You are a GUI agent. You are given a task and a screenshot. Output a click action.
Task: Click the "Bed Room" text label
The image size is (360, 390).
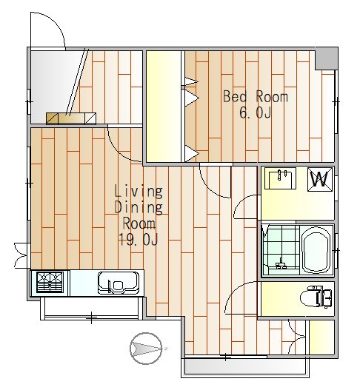point(256,96)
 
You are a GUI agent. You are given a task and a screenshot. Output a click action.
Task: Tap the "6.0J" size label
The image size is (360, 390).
point(256,112)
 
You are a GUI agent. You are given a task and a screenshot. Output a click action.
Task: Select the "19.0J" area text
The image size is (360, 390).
point(139,240)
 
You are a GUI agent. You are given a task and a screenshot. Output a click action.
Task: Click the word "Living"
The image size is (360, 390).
point(139,191)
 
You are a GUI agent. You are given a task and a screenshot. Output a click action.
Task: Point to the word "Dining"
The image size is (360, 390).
point(139,207)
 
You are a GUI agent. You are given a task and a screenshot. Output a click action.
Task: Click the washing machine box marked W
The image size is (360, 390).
point(320,179)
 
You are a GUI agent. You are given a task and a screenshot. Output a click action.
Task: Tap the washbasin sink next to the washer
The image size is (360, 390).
point(280,178)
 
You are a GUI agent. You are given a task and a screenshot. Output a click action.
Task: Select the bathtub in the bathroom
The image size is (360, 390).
point(316,250)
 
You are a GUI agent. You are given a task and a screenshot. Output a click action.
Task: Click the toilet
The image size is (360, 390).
point(316,297)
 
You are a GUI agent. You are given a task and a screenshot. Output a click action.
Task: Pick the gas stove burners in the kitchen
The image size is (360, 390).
point(50,282)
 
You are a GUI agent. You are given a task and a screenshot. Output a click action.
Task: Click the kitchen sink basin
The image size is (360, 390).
point(119,283)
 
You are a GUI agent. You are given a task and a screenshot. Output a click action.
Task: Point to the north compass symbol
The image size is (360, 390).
point(146,349)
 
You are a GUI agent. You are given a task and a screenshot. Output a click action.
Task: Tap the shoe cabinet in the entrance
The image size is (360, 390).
point(71,118)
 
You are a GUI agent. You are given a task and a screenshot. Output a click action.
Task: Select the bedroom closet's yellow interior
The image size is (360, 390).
point(163,107)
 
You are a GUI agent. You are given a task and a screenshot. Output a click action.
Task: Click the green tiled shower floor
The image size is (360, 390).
point(281,250)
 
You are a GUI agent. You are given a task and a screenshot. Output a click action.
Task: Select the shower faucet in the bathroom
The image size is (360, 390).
point(281,263)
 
